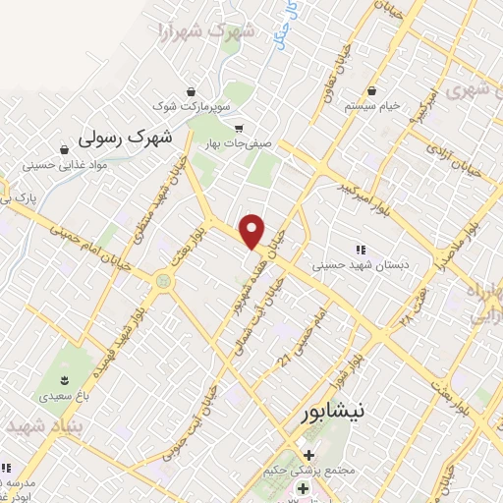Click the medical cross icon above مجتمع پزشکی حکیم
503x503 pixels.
[310, 454]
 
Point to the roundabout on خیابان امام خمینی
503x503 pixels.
[161, 283]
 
